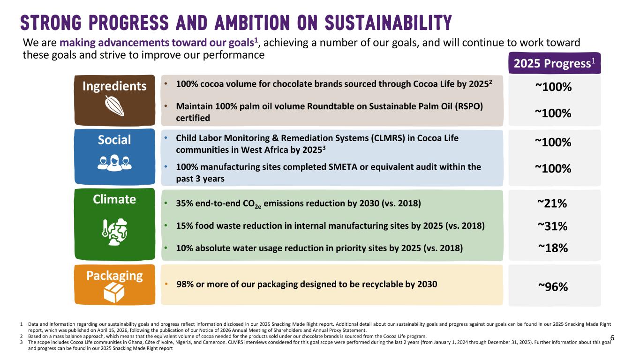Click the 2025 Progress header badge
click(x=554, y=63)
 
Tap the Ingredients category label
click(x=114, y=86)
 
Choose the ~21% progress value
click(x=552, y=203)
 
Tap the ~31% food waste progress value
click(x=552, y=226)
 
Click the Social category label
click(x=114, y=140)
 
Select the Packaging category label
click(x=114, y=276)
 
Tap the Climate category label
click(x=114, y=200)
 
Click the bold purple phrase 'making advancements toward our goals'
click(x=157, y=43)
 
